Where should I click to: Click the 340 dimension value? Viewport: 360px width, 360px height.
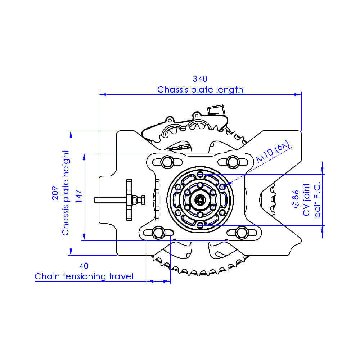[200, 79]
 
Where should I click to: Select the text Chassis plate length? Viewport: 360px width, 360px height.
[200, 90]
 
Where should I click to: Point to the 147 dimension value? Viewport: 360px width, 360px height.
[80, 197]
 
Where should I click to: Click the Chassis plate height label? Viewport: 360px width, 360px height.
[66, 193]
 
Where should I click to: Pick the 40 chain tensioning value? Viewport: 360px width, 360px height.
[84, 266]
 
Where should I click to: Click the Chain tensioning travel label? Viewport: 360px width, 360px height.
[84, 276]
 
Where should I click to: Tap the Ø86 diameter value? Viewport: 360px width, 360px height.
[296, 200]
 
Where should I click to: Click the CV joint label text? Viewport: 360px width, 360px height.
[306, 200]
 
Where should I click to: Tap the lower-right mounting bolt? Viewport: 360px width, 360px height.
[241, 232]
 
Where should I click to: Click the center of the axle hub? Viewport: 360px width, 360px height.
[200, 199]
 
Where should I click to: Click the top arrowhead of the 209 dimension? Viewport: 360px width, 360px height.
[71, 134]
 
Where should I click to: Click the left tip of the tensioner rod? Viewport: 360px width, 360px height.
[95, 199]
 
